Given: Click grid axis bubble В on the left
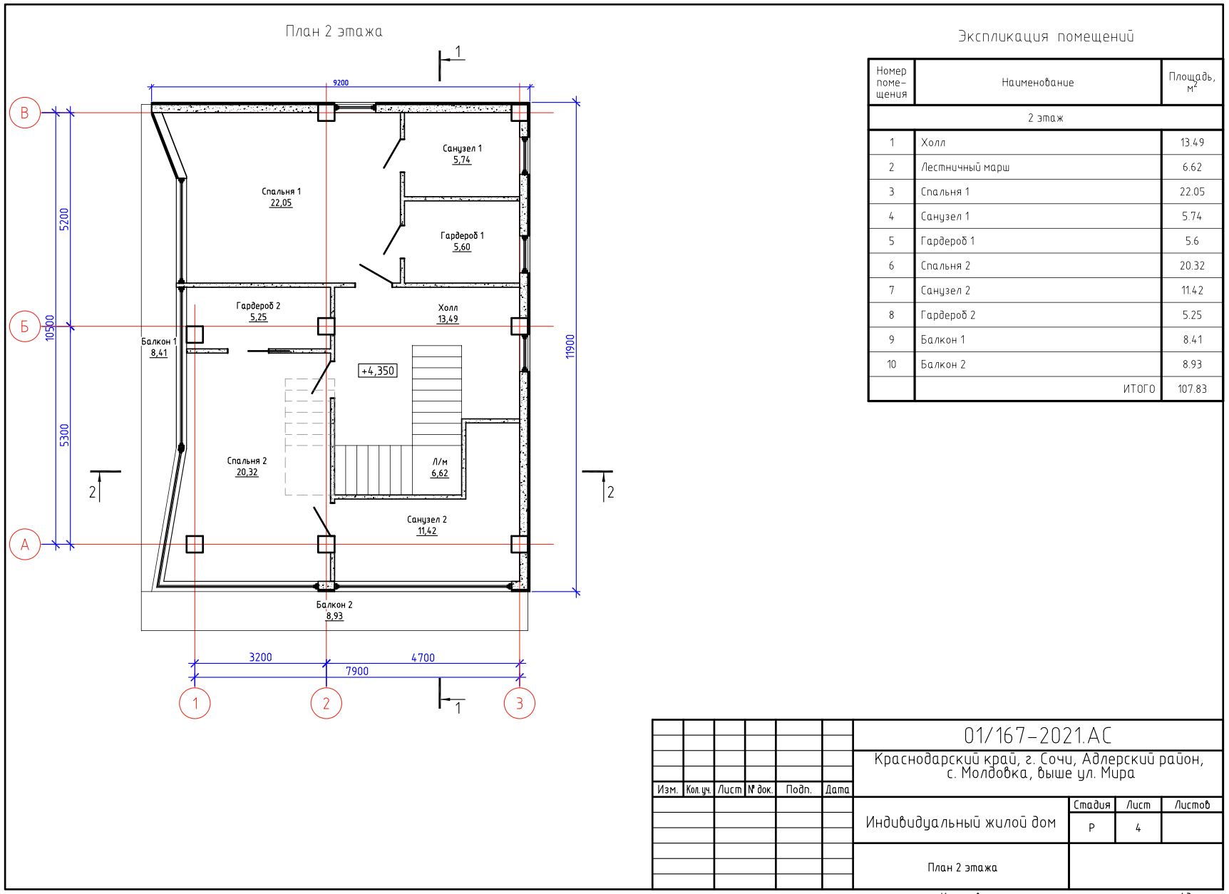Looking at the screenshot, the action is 25,113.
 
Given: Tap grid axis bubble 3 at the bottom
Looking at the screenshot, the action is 520,704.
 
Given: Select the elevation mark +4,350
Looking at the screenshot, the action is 378,371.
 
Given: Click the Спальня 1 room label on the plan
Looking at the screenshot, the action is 281,191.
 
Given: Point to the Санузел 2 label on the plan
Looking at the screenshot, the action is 427,520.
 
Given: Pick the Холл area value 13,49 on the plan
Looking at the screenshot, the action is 448,319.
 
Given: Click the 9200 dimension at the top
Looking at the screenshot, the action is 341,83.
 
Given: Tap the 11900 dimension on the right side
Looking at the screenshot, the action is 570,346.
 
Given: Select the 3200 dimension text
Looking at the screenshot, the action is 260,657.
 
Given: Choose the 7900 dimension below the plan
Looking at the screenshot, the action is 357,671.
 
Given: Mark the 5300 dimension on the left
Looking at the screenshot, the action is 65,435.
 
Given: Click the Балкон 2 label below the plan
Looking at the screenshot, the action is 334,605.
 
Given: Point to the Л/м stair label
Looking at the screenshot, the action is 440,462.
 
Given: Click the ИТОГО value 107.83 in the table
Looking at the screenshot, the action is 1192,389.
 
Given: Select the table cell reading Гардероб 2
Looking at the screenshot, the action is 948,315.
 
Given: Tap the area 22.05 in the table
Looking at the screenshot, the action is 1192,192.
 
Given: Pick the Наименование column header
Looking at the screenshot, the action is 1037,83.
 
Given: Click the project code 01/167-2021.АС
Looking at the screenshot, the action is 1037,736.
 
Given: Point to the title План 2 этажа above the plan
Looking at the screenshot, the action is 334,31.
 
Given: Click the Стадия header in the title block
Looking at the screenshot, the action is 1091,805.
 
